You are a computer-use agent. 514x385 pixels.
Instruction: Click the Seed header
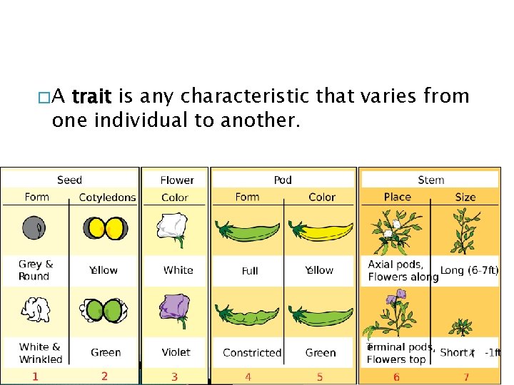(69, 180)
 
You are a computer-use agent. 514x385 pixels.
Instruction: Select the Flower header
(176, 180)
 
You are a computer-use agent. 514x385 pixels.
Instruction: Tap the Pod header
(283, 180)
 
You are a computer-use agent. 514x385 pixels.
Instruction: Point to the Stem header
(430, 180)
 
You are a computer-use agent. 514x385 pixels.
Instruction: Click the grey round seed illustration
(34, 227)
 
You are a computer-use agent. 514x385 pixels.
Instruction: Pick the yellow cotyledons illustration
(104, 228)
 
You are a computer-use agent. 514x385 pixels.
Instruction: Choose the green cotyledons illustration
(104, 311)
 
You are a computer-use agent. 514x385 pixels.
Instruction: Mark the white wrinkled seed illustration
(34, 311)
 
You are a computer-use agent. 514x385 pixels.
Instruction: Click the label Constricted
(252, 352)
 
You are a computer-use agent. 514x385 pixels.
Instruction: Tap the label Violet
(176, 352)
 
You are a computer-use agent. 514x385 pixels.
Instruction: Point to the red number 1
(36, 376)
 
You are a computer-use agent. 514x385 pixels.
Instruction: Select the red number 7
(466, 376)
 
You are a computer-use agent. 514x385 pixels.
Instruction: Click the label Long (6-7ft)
(469, 270)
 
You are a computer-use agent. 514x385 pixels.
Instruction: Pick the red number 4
(248, 376)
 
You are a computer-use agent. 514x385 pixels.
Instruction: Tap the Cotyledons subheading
(107, 197)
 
